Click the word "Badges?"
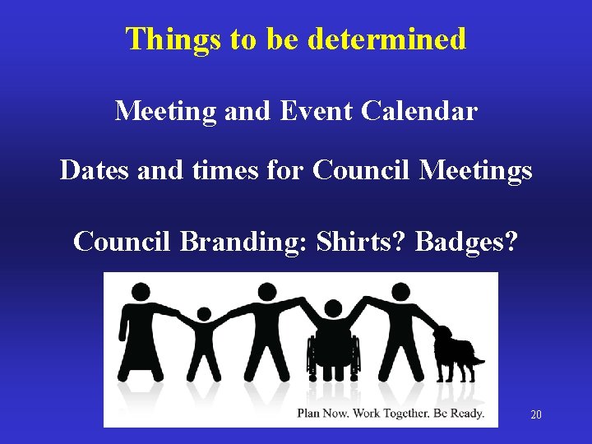[467, 242]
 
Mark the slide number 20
[536, 414]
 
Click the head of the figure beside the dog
[400, 292]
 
